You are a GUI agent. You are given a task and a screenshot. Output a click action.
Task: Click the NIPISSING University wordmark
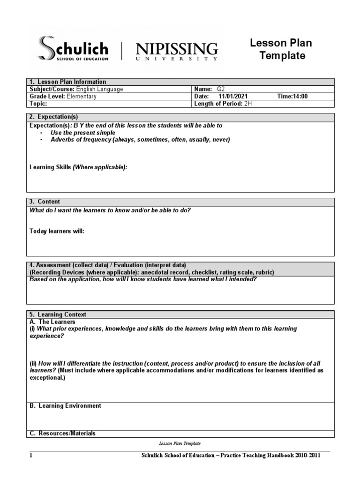coord(176,51)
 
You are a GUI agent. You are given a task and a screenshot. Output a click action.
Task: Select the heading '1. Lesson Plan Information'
coord(68,82)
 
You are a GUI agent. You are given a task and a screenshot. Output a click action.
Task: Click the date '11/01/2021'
coord(233,97)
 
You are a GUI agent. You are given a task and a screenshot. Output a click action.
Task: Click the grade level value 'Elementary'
coord(82,97)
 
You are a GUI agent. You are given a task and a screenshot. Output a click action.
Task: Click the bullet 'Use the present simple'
coord(83,133)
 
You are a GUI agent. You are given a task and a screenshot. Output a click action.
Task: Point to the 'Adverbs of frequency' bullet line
coord(140,140)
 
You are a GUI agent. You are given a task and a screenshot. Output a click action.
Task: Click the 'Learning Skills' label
coord(51,167)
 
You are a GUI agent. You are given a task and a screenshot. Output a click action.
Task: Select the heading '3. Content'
coord(45,202)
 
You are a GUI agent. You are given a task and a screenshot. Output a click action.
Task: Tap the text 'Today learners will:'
coord(57,231)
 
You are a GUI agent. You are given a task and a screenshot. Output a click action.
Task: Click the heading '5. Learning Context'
coord(58,315)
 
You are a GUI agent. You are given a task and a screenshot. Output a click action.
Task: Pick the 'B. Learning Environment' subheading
coord(65,405)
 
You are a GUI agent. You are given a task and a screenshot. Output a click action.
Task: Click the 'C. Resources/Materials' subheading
coord(62,434)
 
